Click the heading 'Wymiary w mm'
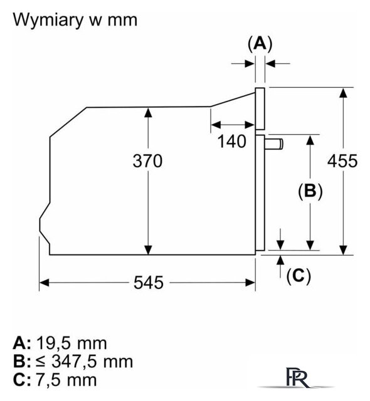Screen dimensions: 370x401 75,20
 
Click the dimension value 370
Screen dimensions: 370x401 147,161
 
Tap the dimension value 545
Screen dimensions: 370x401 149,283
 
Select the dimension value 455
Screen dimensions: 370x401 342,161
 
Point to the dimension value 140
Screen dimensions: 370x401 232,141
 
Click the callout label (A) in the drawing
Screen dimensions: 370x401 260,44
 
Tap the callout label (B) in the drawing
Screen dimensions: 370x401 310,190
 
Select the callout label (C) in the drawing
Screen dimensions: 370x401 299,276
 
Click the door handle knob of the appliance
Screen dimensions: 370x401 274,144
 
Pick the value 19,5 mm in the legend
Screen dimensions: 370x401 71,343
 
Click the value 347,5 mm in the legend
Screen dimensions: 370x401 92,362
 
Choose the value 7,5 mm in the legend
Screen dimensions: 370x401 66,380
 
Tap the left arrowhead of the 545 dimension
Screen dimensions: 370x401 44,283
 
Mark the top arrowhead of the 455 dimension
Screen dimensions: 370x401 343,93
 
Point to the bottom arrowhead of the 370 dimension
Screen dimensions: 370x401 148,249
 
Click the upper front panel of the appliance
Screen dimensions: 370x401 260,108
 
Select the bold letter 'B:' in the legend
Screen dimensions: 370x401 22,362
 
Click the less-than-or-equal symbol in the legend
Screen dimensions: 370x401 41,362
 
